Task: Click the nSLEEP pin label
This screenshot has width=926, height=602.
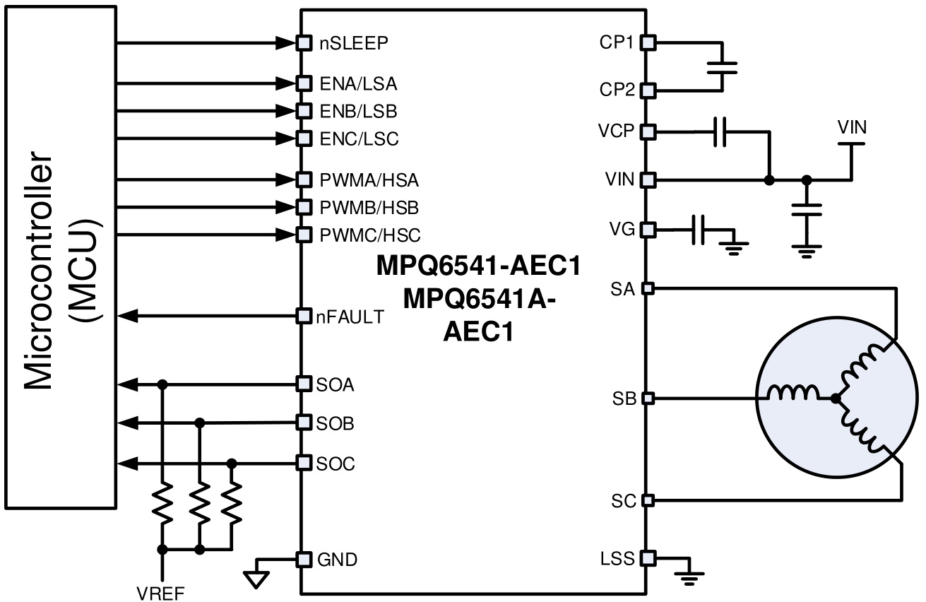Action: [x=353, y=43]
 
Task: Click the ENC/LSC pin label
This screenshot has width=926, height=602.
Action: [x=359, y=138]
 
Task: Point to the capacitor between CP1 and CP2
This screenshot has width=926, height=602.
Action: [x=721, y=67]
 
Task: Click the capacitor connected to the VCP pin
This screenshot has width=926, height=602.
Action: [x=720, y=131]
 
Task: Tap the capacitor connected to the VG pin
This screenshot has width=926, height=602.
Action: [x=699, y=230]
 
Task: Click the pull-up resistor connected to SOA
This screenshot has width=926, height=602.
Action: [x=163, y=503]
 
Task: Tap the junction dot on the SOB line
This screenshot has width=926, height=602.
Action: [x=200, y=423]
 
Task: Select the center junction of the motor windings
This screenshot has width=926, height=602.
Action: [x=836, y=399]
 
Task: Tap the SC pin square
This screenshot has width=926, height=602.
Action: [x=648, y=501]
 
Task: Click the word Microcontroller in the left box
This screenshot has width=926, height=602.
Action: [x=42, y=268]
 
